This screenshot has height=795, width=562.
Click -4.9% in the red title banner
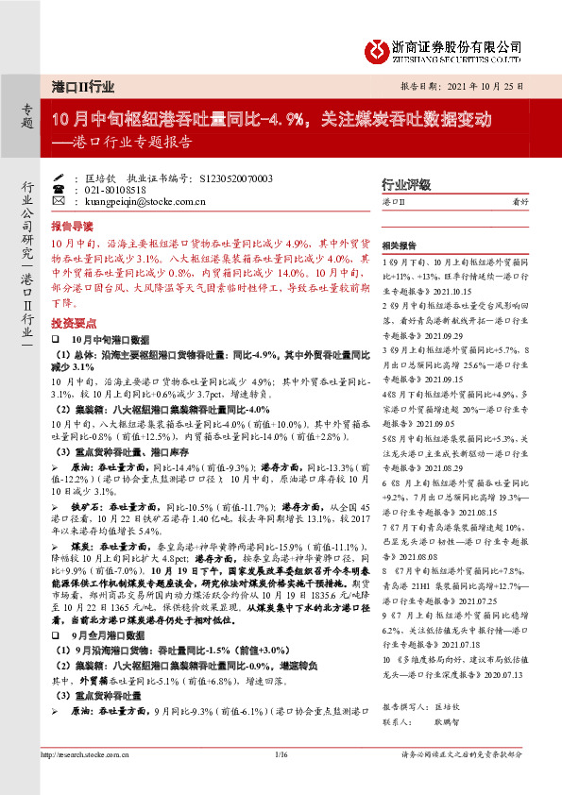click(281, 120)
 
